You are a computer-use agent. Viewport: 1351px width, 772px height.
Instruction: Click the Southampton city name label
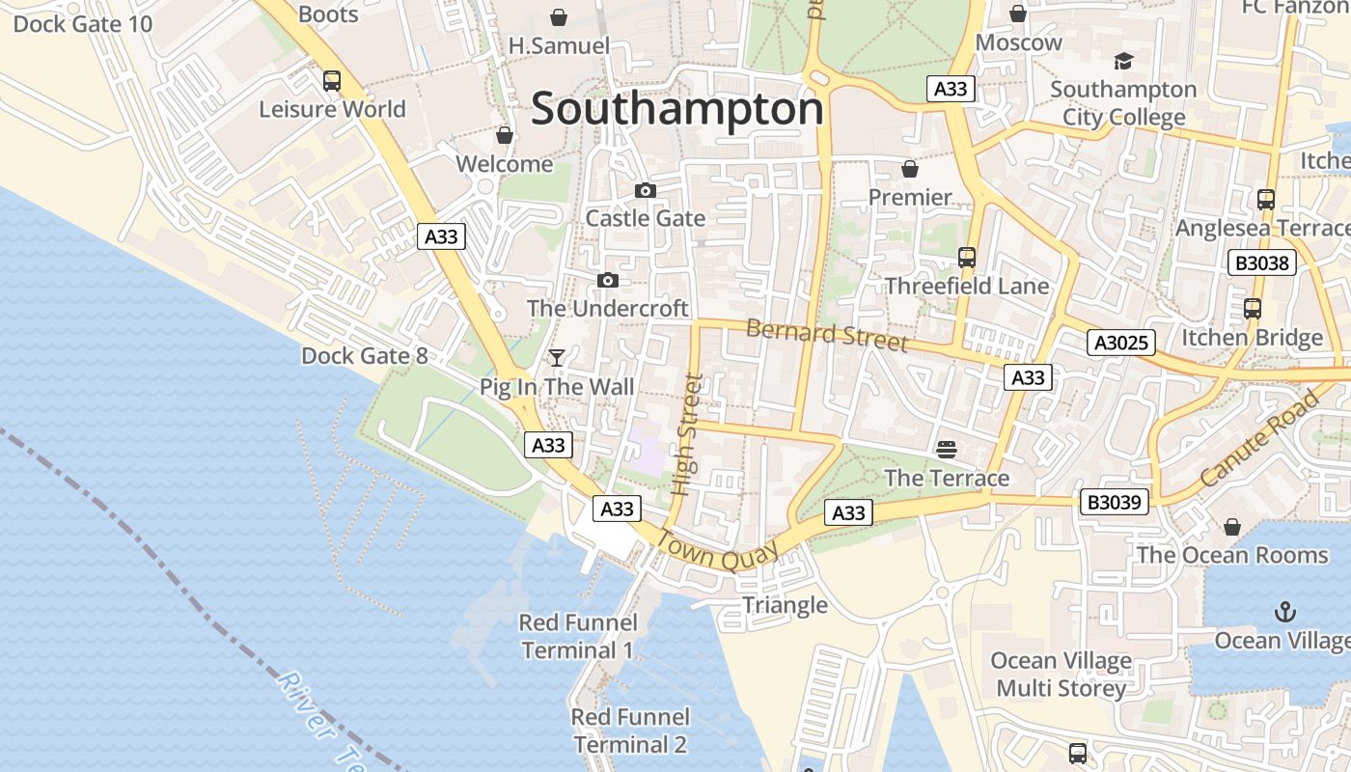pyautogui.click(x=677, y=108)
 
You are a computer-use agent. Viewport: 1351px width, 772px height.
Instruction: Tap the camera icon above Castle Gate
pyautogui.click(x=646, y=191)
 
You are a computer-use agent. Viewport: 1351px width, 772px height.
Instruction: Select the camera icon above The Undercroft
pyautogui.click(x=607, y=281)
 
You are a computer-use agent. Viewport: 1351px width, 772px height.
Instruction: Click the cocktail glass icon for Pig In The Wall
pyautogui.click(x=557, y=358)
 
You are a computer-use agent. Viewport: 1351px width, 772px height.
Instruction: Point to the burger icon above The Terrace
pyautogui.click(x=946, y=449)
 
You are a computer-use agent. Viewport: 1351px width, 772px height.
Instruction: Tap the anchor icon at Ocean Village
pyautogui.click(x=1284, y=612)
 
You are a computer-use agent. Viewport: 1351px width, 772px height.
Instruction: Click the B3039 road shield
pyautogui.click(x=1114, y=502)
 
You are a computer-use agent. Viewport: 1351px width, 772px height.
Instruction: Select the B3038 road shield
pyautogui.click(x=1261, y=262)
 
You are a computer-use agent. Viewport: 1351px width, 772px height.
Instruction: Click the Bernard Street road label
pyautogui.click(x=827, y=335)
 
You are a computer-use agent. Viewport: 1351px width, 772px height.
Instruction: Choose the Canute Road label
pyautogui.click(x=1259, y=438)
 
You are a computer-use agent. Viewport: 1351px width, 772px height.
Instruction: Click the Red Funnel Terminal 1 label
pyautogui.click(x=577, y=637)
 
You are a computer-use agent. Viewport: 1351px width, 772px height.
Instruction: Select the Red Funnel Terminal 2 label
pyautogui.click(x=630, y=731)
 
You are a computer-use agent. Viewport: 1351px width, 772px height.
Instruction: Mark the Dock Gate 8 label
pyautogui.click(x=364, y=356)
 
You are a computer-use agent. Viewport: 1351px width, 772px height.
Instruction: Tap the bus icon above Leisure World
pyautogui.click(x=332, y=81)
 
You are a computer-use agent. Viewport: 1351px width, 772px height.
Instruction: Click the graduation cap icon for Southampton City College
pyautogui.click(x=1123, y=62)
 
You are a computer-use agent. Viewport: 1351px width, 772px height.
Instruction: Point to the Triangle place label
pyautogui.click(x=785, y=605)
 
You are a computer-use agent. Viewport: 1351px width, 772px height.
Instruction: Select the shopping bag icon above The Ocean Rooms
pyautogui.click(x=1231, y=527)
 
